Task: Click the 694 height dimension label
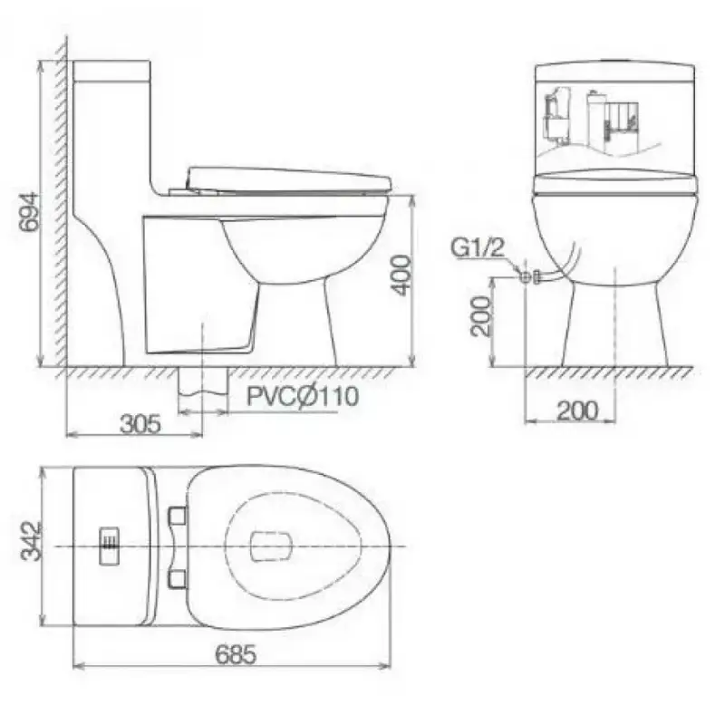pyautogui.click(x=30, y=212)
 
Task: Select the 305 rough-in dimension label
pyautogui.click(x=140, y=423)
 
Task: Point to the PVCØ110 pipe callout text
pyautogui.click(x=303, y=396)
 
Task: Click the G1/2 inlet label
pyautogui.click(x=478, y=247)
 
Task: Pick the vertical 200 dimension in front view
pyautogui.click(x=480, y=316)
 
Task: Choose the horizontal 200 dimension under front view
pyautogui.click(x=577, y=411)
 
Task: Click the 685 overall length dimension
pyautogui.click(x=236, y=654)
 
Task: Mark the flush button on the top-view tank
pyautogui.click(x=110, y=546)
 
